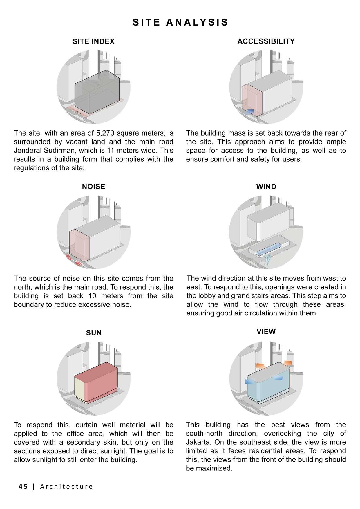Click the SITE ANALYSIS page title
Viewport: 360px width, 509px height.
(180, 22)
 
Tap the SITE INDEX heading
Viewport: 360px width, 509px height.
(93, 41)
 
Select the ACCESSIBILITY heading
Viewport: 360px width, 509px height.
(266, 41)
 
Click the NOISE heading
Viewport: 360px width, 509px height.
(93, 187)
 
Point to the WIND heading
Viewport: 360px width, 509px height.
(266, 187)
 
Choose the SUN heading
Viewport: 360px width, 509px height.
(94, 333)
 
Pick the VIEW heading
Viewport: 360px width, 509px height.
(266, 331)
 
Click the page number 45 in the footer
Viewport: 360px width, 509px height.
(23, 487)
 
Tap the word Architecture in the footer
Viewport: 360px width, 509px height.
(66, 487)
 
